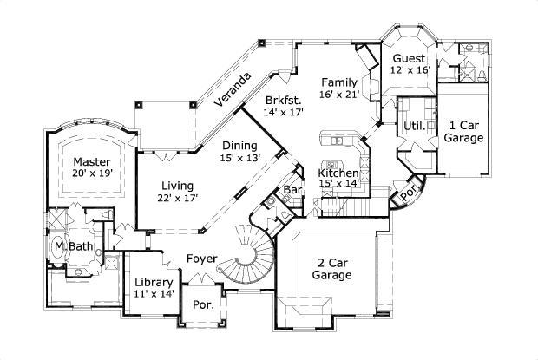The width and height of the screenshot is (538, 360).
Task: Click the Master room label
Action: click(x=91, y=161)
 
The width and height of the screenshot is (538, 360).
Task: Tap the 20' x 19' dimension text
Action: click(x=91, y=174)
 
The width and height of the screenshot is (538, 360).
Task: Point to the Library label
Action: click(x=154, y=283)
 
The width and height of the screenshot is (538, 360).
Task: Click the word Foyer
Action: click(x=200, y=259)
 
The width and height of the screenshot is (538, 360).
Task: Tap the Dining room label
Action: click(x=240, y=146)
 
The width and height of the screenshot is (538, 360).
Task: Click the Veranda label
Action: click(x=233, y=90)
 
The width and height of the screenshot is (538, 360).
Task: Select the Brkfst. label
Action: click(x=284, y=100)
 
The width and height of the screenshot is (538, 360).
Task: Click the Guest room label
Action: click(x=408, y=57)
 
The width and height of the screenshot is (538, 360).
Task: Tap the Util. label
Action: click(x=414, y=126)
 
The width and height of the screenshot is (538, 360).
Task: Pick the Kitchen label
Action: click(x=337, y=173)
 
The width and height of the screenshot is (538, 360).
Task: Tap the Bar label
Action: click(x=292, y=188)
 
